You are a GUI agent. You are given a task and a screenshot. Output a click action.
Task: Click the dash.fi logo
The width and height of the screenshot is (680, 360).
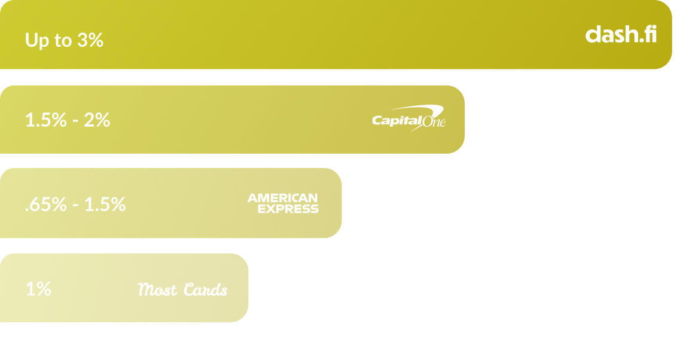coord(620,34)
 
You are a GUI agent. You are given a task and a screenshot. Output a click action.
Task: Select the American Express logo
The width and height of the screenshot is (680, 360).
coord(283,203)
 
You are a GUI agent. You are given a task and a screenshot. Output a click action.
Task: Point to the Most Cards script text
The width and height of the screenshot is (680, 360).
coord(182,290)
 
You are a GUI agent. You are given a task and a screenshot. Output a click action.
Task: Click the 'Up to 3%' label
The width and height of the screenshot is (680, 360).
coord(64,41)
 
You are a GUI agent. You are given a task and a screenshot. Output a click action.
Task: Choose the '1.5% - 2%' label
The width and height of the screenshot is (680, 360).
coord(68,120)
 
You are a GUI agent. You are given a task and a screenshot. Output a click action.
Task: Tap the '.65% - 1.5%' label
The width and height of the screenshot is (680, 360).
coord(75,205)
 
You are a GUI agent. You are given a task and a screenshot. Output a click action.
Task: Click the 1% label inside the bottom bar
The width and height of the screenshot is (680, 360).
coord(38,289)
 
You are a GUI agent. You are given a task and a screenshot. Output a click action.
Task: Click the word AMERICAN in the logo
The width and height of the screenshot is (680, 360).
coord(283,198)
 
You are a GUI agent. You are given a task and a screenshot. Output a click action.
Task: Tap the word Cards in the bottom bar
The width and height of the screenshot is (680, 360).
coord(205,290)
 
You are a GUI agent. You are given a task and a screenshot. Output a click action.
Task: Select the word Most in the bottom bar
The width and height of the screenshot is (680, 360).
coord(157,290)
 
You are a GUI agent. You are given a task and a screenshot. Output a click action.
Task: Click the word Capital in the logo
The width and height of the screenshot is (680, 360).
coord(394,120)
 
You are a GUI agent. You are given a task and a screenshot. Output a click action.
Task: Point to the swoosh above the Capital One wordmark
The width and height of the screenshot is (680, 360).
coord(426,110)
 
